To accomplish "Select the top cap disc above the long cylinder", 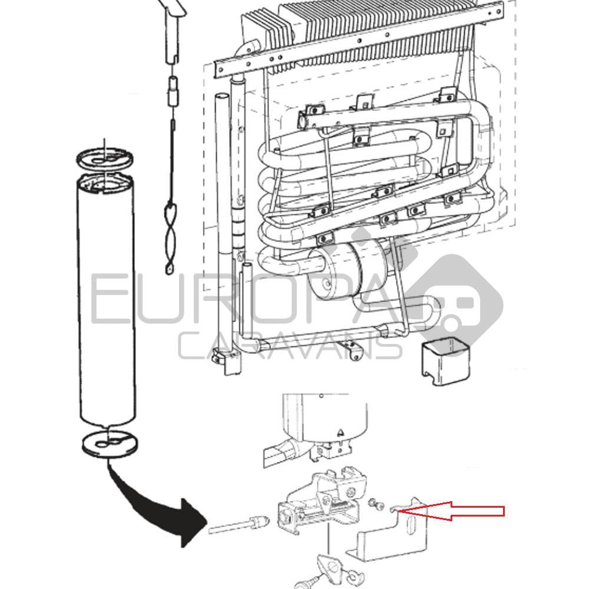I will (x=105, y=160).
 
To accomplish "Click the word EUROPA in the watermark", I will (x=265, y=300).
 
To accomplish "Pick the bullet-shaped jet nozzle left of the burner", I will (x=258, y=522).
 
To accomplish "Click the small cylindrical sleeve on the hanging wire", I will (x=173, y=92).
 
